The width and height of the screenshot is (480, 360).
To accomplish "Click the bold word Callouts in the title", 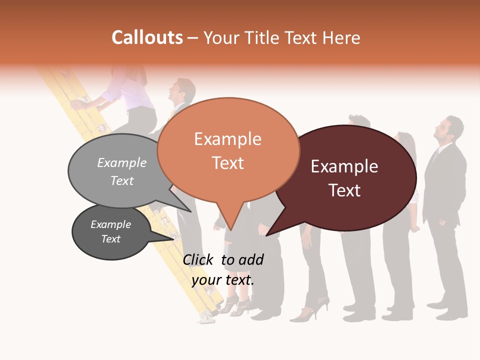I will (147, 37).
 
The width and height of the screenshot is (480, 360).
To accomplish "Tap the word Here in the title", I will (341, 37).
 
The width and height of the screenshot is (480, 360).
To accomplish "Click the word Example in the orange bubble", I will (228, 139).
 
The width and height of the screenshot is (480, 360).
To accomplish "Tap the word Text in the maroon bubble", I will (345, 190).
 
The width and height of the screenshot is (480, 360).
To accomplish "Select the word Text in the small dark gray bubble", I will (111, 239).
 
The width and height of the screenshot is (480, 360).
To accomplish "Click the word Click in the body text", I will (199, 259).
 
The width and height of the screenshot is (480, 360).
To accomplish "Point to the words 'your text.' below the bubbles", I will (223, 280).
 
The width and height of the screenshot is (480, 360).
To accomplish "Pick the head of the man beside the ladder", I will (183, 90).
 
